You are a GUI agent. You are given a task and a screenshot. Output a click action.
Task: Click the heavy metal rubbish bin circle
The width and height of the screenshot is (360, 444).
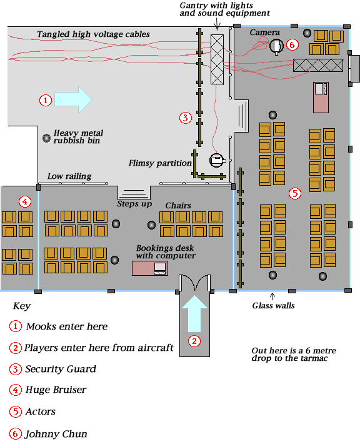(46, 138)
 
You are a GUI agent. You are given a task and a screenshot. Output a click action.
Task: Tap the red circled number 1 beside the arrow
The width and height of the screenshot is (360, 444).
(45, 100)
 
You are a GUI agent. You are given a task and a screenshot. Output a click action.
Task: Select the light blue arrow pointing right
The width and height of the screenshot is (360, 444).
(73, 99)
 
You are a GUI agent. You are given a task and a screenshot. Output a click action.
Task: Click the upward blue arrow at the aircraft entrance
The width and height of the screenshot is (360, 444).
(194, 313)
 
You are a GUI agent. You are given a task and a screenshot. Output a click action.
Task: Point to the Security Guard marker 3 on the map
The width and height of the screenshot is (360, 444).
(186, 118)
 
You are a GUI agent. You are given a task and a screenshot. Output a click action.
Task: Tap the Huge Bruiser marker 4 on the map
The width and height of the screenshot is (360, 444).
(25, 201)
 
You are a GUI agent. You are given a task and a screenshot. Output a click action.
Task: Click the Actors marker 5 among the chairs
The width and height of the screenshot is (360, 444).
(295, 193)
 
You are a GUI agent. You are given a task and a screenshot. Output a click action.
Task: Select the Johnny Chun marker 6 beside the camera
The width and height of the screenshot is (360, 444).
(292, 45)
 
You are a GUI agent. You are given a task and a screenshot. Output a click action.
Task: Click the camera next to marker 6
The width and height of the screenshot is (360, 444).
(276, 46)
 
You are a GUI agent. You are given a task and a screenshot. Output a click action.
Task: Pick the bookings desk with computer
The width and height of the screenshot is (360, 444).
(150, 268)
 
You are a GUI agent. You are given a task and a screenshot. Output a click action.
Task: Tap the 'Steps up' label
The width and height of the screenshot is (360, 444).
(134, 204)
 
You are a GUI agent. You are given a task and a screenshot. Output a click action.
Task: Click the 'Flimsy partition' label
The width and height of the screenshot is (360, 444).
(160, 163)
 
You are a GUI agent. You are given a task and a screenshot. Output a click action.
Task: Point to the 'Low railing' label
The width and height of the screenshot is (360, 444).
(69, 176)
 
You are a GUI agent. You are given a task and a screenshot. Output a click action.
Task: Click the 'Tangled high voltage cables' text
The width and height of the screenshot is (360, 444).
(93, 34)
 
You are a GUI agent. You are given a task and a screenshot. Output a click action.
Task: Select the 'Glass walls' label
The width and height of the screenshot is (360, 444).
(273, 306)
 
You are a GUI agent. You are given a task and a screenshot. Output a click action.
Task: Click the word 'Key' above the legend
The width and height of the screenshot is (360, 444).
(22, 306)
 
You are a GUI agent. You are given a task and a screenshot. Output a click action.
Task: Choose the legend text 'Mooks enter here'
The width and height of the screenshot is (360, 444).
(67, 326)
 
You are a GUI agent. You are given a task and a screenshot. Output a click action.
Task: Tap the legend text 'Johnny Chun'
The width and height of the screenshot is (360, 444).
(56, 434)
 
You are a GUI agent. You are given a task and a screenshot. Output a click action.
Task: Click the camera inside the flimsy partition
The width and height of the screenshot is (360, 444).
(217, 160)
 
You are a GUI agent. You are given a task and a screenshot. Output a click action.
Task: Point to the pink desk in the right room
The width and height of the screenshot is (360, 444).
(321, 98)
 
